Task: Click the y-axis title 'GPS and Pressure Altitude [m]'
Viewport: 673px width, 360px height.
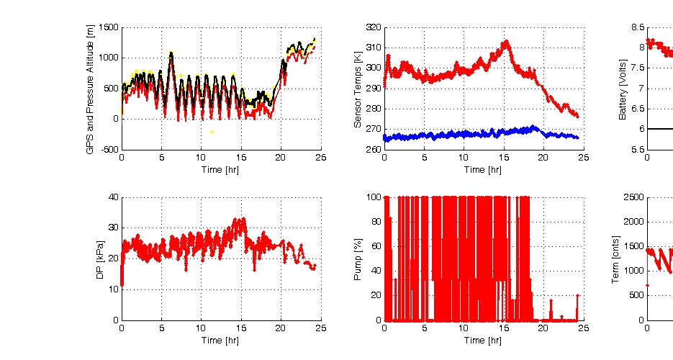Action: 90,89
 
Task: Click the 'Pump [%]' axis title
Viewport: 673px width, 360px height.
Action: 361,258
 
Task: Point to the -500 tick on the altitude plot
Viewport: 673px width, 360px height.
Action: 109,150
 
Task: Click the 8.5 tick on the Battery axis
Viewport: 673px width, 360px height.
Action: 638,27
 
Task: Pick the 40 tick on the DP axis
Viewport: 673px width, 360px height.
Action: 112,197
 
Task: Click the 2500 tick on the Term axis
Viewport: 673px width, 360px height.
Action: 633,197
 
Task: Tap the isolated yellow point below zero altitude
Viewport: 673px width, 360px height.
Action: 212,132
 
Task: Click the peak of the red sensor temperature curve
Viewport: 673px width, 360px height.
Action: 506,42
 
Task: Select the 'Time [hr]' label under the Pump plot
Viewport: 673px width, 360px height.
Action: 483,340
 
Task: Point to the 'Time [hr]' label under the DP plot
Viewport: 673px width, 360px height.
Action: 220,340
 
